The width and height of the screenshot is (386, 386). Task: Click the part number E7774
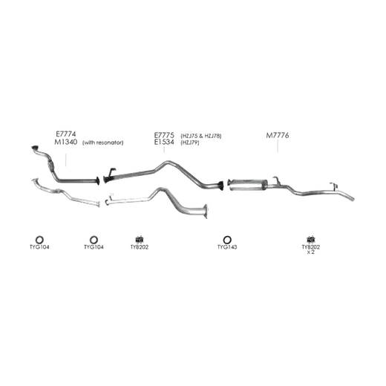[x=66, y=134]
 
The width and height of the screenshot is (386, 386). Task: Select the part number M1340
[x=66, y=142]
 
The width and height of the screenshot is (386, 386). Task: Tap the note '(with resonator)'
[x=102, y=143]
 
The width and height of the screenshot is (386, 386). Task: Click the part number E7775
[x=164, y=135]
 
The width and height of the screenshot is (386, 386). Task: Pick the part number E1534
[x=164, y=143]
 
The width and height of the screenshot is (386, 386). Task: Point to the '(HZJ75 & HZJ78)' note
[x=201, y=136]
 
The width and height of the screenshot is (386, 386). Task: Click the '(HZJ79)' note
[x=190, y=143]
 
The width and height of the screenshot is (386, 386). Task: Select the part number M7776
[x=278, y=135]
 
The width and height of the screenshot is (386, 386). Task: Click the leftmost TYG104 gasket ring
[x=39, y=240]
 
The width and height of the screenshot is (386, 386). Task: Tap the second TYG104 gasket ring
[x=94, y=240]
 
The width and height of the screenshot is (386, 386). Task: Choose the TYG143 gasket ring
[x=227, y=240]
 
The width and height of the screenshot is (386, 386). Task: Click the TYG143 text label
[x=227, y=247]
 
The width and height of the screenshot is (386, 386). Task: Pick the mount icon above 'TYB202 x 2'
[x=310, y=239]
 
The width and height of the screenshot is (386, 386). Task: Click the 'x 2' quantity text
[x=310, y=252]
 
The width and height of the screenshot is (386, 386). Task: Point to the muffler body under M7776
[x=248, y=185]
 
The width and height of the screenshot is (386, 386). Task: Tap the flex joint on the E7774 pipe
[x=50, y=165]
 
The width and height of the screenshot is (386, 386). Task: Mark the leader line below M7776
[x=278, y=146]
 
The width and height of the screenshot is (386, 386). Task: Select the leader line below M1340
[x=66, y=160]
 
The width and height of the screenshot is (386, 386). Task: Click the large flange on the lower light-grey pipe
[x=206, y=212]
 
